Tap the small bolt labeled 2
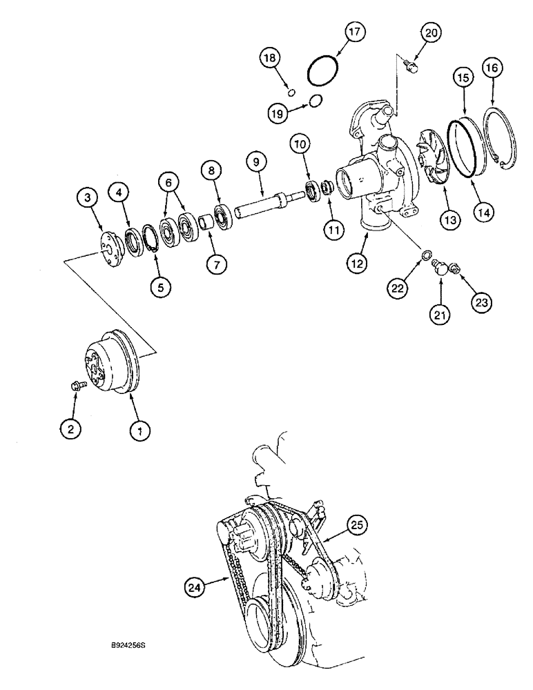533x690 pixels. [x=78, y=387]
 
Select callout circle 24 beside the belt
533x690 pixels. [x=196, y=587]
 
